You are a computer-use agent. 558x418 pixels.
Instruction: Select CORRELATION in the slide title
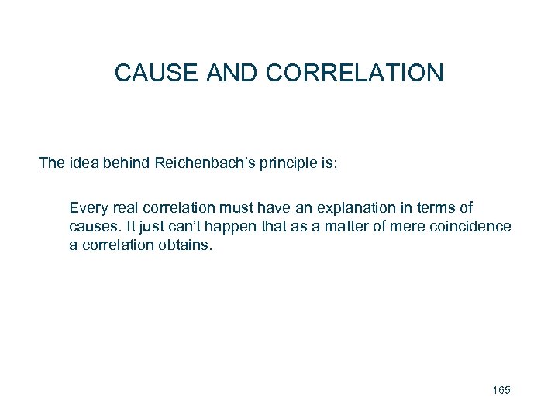pos(355,73)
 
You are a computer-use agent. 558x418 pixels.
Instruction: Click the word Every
pos(87,208)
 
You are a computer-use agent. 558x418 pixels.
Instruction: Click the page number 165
pos(501,390)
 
